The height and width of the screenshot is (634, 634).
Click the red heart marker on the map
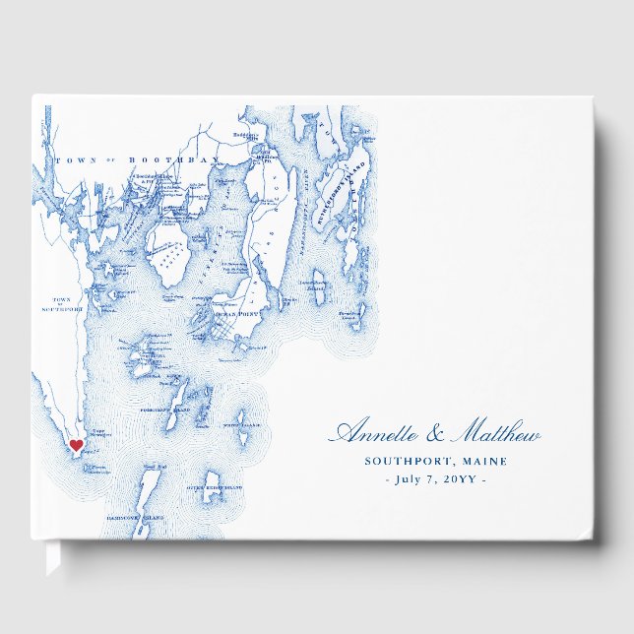coord(76,445)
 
